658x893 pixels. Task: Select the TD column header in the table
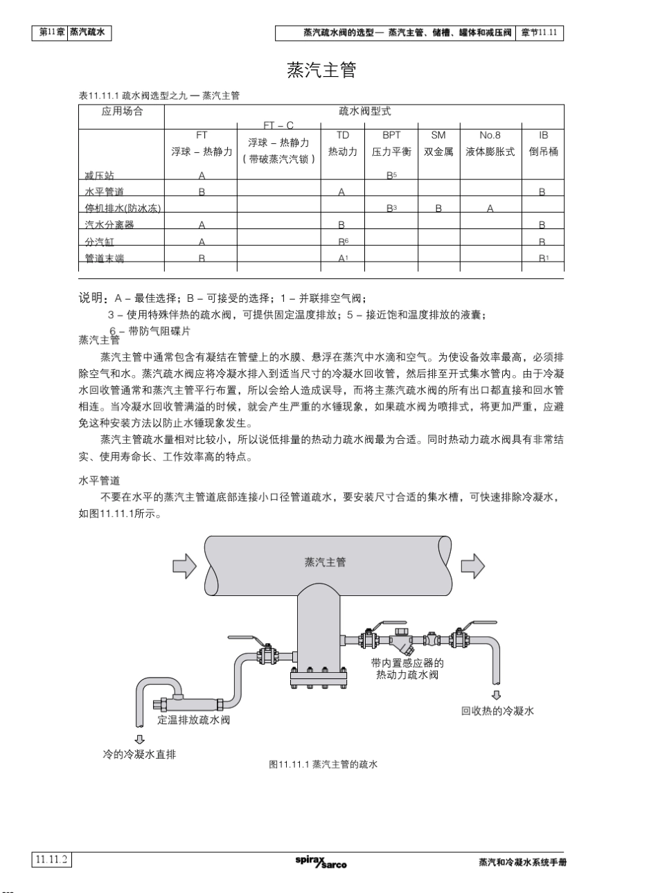click(343, 136)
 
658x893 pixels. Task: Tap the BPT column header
click(391, 136)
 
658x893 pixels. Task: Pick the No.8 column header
click(490, 136)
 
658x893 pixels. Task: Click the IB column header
click(544, 136)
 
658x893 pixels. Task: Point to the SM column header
click(438, 136)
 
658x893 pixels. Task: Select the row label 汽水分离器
click(109, 225)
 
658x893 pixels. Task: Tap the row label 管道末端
click(105, 258)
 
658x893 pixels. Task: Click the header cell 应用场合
click(122, 111)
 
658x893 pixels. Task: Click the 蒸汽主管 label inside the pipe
click(325, 562)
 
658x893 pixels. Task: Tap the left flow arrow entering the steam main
click(184, 566)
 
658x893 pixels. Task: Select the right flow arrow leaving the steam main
click(472, 566)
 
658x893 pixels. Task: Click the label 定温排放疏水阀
click(194, 720)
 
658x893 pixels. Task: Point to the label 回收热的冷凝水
click(497, 711)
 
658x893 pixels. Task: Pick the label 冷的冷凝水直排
click(139, 754)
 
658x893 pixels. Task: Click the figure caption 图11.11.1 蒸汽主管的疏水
click(323, 765)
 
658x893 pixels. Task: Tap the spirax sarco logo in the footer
click(321, 862)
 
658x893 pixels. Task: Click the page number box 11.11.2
click(52, 860)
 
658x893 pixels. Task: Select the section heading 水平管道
click(99, 480)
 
